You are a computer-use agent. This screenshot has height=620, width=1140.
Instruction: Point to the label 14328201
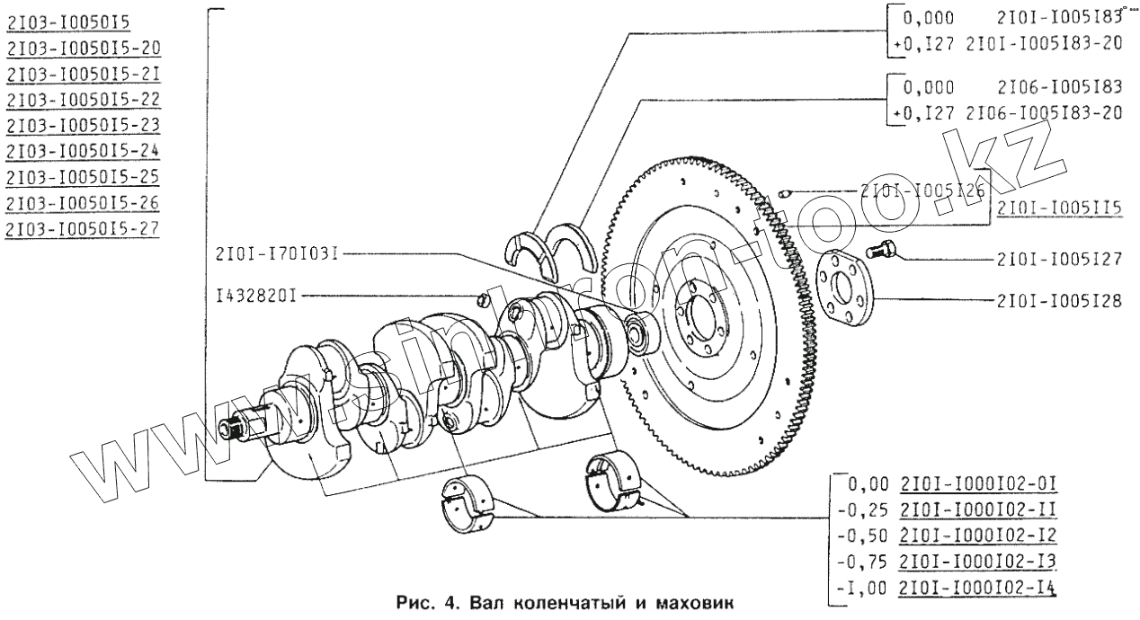258,295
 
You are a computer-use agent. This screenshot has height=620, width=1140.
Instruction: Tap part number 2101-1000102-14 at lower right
978,590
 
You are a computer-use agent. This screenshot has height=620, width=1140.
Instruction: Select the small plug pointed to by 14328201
481,299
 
